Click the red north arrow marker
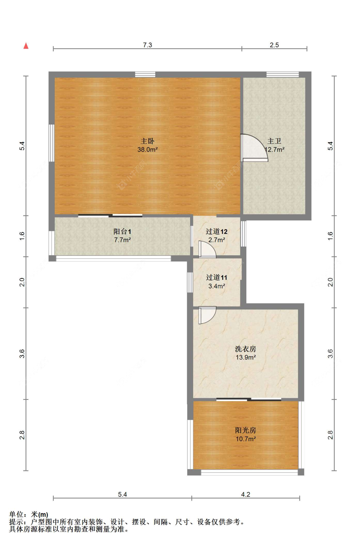pyautogui.click(x=26, y=46)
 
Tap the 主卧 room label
pyautogui.click(x=147, y=141)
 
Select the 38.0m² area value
pyautogui.click(x=147, y=149)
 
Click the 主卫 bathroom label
pyautogui.click(x=274, y=141)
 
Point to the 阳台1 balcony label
pyautogui.click(x=122, y=231)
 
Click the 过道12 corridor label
pyautogui.click(x=217, y=231)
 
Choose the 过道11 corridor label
pyautogui.click(x=217, y=277)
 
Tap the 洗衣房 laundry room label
pyautogui.click(x=245, y=349)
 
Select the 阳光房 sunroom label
pyautogui.click(x=245, y=430)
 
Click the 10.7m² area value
pyautogui.click(x=245, y=439)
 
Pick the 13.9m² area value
pyautogui.click(x=245, y=357)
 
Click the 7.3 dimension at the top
pyautogui.click(x=147, y=45)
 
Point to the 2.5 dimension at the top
pyautogui.click(x=274, y=45)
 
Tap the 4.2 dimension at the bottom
pyautogui.click(x=245, y=494)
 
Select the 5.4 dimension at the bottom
pyautogui.click(x=122, y=494)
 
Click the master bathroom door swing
pyautogui.click(x=253, y=148)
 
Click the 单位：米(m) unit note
pyautogui.click(x=28, y=514)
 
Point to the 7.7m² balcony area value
pyautogui.click(x=122, y=240)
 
